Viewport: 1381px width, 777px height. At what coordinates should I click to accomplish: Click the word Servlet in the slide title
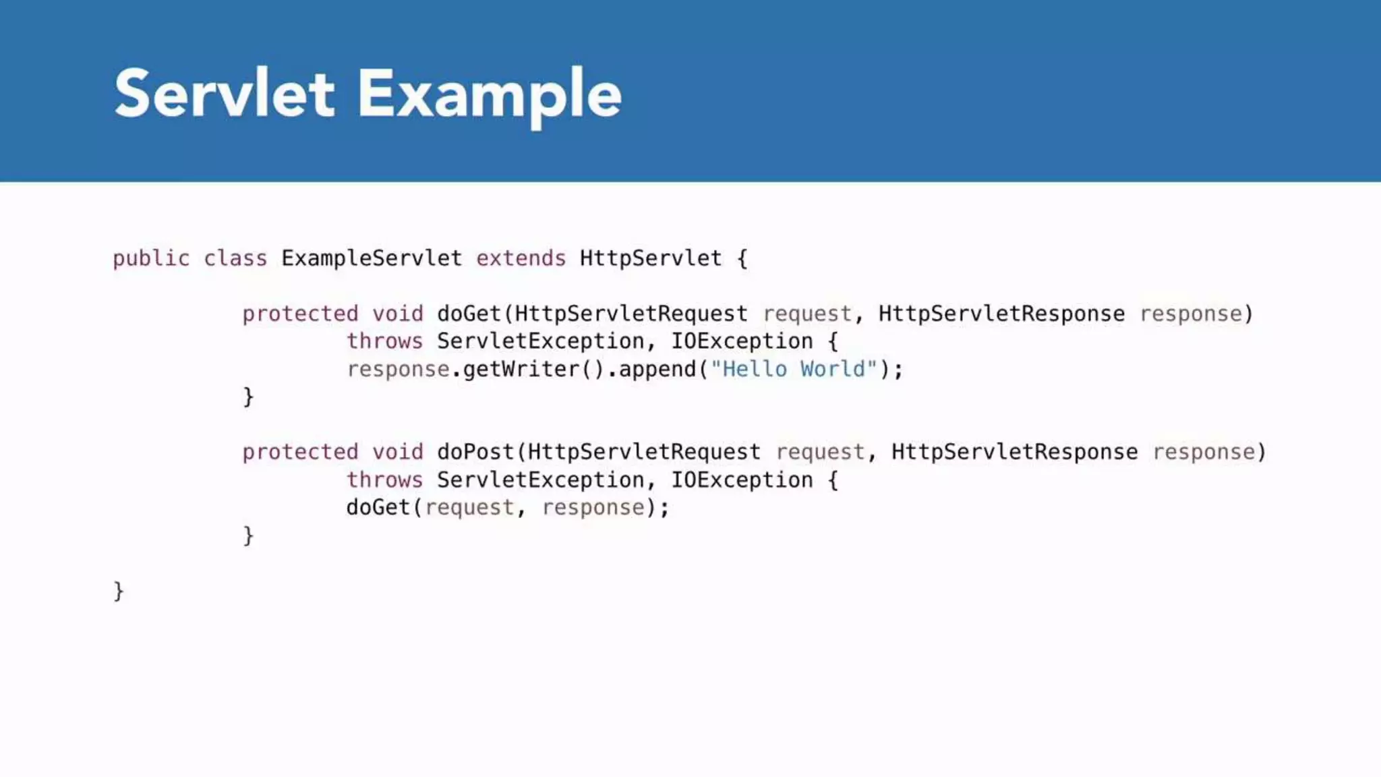[x=224, y=94]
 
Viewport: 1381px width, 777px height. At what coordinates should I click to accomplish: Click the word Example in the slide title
[x=489, y=95]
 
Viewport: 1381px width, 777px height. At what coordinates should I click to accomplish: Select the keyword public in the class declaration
[x=151, y=258]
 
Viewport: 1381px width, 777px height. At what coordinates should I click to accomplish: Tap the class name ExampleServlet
[x=372, y=258]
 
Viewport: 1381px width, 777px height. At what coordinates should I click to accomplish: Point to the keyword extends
[x=521, y=258]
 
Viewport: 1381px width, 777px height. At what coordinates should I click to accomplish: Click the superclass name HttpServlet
[x=651, y=258]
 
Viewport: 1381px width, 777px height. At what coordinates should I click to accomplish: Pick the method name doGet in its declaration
[x=469, y=314]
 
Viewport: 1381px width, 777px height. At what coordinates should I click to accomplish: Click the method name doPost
[x=475, y=452]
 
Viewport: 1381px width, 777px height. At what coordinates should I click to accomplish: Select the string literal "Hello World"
[x=794, y=369]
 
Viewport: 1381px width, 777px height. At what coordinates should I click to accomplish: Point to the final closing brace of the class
[x=119, y=591]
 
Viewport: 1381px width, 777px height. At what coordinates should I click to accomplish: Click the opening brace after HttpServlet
[x=742, y=258]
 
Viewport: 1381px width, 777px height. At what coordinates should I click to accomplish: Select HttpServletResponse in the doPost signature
[x=1014, y=452]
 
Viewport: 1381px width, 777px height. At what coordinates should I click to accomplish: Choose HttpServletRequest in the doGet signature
[x=631, y=314]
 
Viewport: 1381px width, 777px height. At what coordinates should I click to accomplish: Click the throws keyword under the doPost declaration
[x=384, y=480]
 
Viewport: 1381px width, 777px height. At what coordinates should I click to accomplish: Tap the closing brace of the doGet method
[x=248, y=397]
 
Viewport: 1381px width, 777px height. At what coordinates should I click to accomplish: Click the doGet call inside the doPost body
[x=378, y=507]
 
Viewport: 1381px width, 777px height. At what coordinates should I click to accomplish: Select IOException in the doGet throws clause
[x=742, y=341]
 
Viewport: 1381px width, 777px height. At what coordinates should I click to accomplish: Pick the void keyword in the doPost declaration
[x=398, y=452]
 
